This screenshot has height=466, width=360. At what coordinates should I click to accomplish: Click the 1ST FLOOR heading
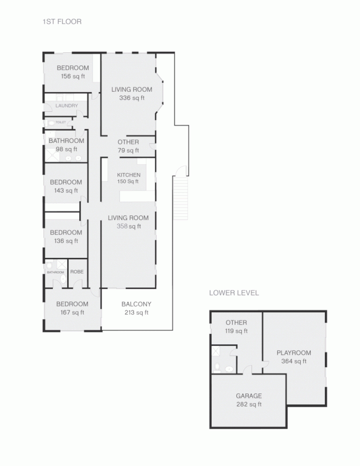pyautogui.click(x=62, y=22)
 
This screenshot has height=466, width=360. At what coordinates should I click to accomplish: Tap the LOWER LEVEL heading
pyautogui.click(x=234, y=293)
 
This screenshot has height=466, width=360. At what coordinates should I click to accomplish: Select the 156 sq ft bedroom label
pyautogui.click(x=72, y=72)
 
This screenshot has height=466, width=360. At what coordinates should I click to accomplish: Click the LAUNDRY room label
pyautogui.click(x=67, y=106)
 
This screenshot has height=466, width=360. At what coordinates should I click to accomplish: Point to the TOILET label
pyautogui.click(x=61, y=122)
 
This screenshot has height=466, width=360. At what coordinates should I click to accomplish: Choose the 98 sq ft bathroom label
pyautogui.click(x=66, y=145)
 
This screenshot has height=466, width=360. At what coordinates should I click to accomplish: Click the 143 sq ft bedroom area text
pyautogui.click(x=65, y=191)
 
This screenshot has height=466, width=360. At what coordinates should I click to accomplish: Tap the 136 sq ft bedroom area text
pyautogui.click(x=65, y=241)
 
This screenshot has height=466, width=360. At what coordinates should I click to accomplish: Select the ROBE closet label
pyautogui.click(x=77, y=272)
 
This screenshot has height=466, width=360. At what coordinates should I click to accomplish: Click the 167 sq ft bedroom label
pyautogui.click(x=72, y=308)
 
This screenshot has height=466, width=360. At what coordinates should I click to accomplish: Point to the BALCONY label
pyautogui.click(x=136, y=308)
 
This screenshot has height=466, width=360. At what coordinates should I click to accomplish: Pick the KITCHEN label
pyautogui.click(x=128, y=178)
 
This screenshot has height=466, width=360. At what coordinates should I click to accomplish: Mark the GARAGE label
pyautogui.click(x=249, y=400)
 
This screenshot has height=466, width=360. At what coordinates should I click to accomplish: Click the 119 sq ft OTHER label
pyautogui.click(x=236, y=327)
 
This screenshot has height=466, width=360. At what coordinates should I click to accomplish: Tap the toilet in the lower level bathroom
pyautogui.click(x=229, y=369)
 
